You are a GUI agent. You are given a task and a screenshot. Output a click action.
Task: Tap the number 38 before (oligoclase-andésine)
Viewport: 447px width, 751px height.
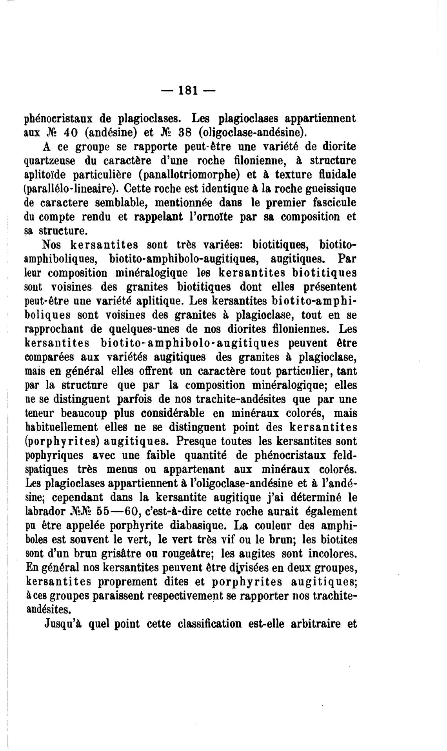click(184, 132)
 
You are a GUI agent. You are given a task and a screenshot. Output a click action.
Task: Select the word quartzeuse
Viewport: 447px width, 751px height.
click(50, 160)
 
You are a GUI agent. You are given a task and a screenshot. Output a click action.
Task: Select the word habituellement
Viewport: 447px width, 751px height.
click(61, 427)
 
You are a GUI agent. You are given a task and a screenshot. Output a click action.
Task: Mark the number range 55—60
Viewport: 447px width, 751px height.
click(118, 512)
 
